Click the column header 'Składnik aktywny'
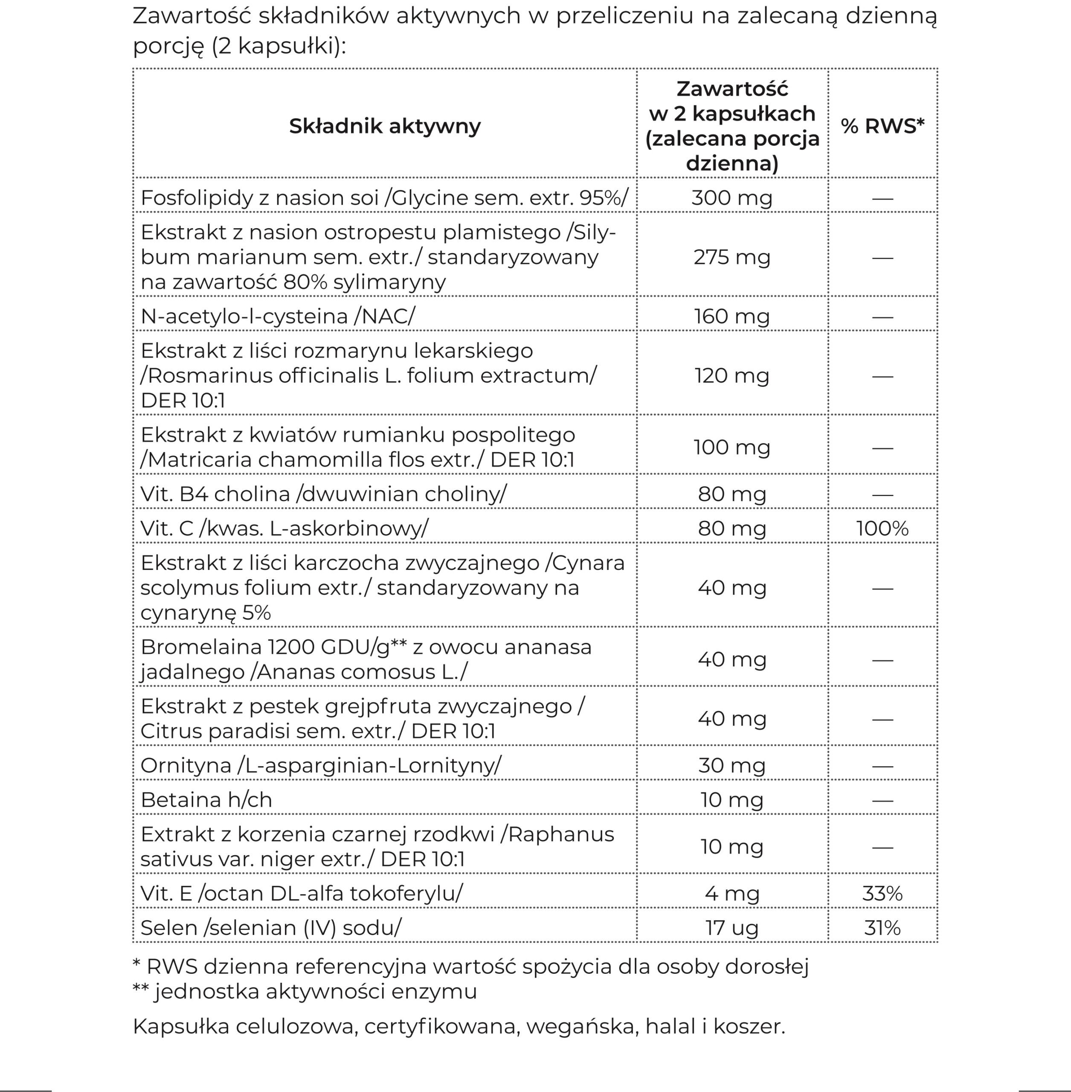click(x=385, y=126)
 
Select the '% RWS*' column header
click(x=882, y=126)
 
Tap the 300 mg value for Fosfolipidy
click(x=732, y=198)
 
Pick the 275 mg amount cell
click(x=732, y=257)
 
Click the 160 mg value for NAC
click(x=732, y=316)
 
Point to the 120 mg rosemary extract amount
click(x=732, y=375)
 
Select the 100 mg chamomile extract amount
click(x=732, y=447)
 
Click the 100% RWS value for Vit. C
click(x=882, y=528)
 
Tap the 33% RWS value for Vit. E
click(x=882, y=893)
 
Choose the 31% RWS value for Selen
click(x=882, y=928)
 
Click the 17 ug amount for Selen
click(x=732, y=928)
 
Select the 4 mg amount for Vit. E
click(x=732, y=893)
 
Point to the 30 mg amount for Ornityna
click(x=732, y=766)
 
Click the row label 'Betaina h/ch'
click(x=206, y=800)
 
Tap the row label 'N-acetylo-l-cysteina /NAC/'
click(x=278, y=316)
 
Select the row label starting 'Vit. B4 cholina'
click(x=323, y=494)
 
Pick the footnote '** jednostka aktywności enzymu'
click(x=305, y=991)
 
